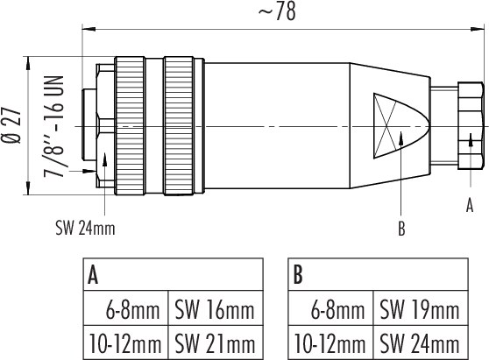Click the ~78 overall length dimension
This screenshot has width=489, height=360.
277,12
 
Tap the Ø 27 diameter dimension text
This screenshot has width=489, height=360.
12,126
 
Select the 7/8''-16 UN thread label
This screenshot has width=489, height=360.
53,126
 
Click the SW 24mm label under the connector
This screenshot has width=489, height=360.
85,228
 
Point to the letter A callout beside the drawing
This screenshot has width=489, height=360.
470,206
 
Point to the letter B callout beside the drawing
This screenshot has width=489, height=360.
401,229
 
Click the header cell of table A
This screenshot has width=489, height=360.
174,274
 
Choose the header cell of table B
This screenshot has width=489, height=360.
378,274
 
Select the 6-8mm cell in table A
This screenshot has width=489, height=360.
126,308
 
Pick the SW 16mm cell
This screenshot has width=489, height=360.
216,308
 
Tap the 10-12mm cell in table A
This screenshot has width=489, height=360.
126,342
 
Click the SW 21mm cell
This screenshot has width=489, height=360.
216,342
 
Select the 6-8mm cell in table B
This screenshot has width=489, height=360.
330,308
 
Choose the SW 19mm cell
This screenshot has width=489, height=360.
421,308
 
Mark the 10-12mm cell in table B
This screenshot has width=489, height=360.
330,342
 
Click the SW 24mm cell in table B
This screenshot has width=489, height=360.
421,342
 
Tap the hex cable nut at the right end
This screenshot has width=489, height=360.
471,125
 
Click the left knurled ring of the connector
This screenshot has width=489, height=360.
130,126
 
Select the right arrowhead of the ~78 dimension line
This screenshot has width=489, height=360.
478,29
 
